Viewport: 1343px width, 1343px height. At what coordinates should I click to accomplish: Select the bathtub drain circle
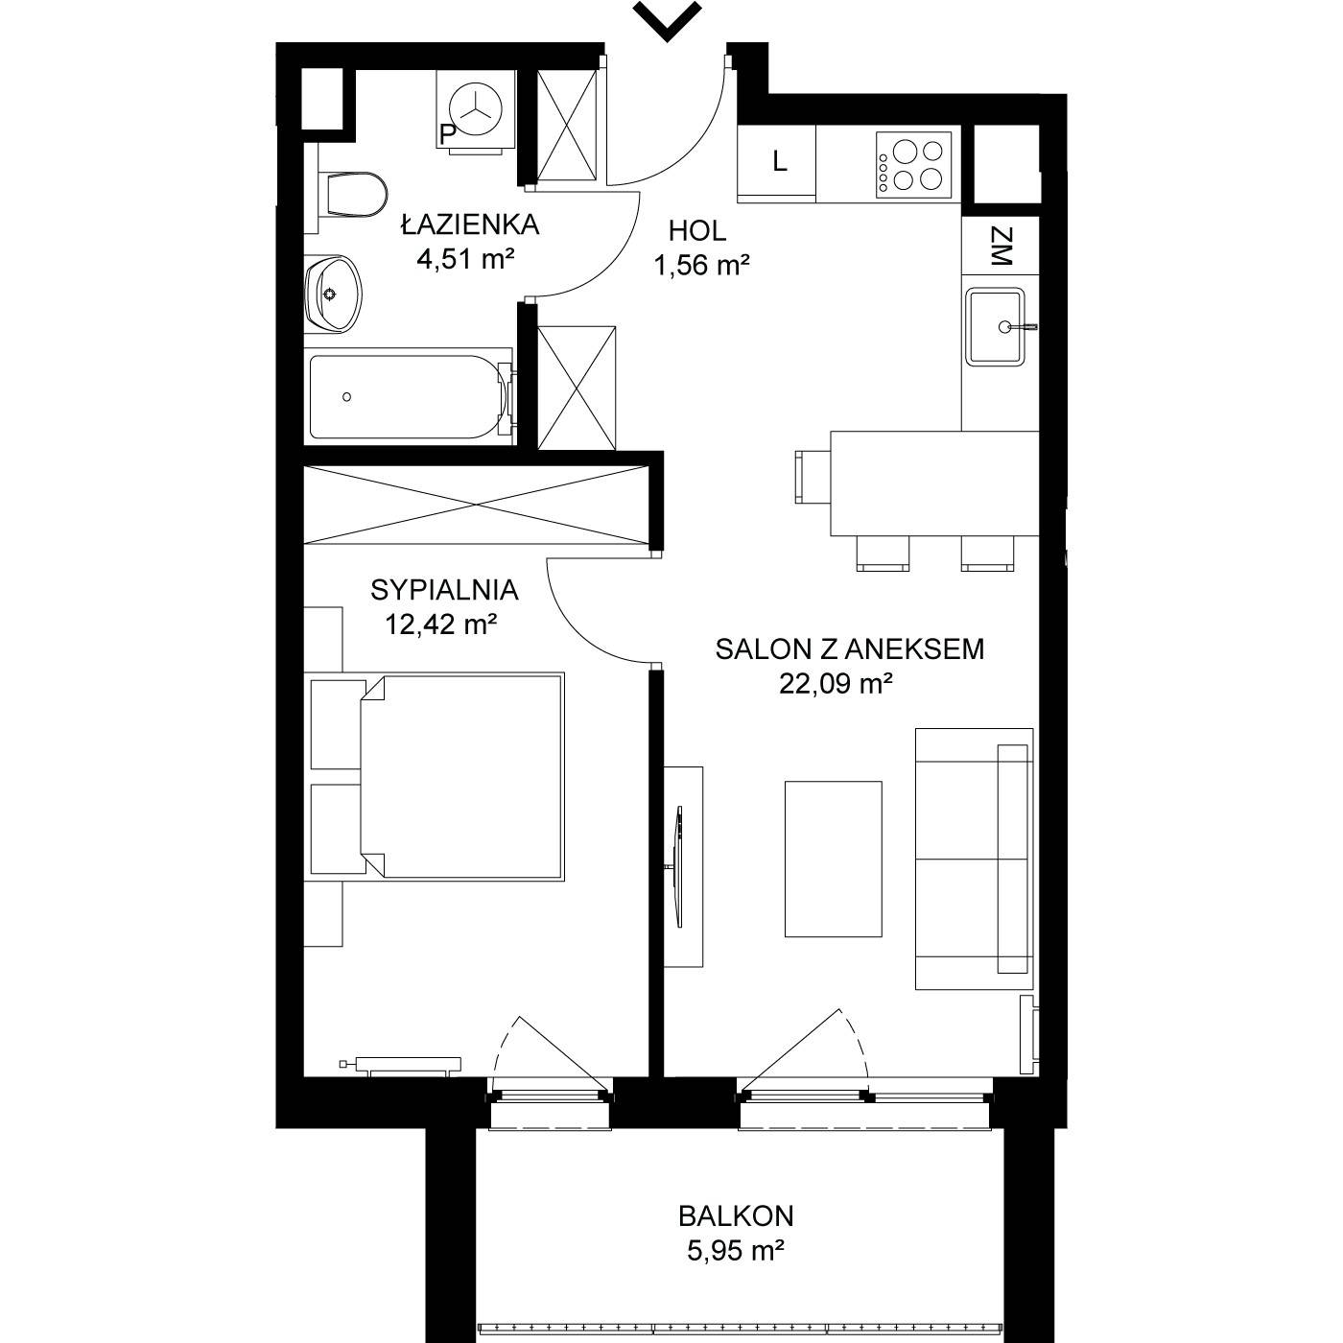[x=346, y=397]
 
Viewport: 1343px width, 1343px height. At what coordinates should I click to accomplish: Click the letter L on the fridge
[x=780, y=162]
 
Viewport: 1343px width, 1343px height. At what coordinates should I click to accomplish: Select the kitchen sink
[x=995, y=327]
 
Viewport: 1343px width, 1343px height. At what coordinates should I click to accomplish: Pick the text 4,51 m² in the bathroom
[x=465, y=260]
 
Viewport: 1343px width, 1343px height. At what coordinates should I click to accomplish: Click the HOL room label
[x=697, y=230]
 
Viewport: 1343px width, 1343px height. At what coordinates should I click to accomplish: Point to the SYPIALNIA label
[x=444, y=590]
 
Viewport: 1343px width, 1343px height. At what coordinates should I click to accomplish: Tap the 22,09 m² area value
[x=836, y=684]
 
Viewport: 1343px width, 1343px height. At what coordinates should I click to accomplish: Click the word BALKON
[x=736, y=1216]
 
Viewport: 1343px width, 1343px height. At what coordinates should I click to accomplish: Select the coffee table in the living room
[x=833, y=859]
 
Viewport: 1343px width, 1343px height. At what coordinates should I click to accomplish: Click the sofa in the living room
[x=974, y=859]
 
